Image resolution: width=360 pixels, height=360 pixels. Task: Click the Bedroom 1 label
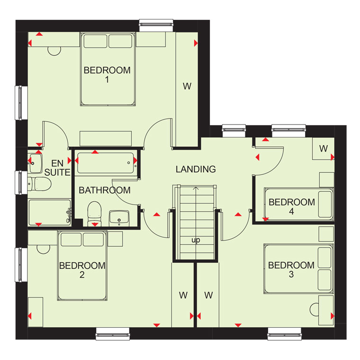tap(107, 75)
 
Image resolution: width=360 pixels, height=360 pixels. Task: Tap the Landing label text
tap(196, 169)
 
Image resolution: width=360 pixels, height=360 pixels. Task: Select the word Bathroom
tap(105, 190)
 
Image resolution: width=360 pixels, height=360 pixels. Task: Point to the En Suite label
tap(57, 168)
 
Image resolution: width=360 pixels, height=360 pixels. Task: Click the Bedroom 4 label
tap(292, 207)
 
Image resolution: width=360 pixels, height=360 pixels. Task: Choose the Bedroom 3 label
tap(291, 270)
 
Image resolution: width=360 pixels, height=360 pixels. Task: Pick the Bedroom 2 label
tap(82, 270)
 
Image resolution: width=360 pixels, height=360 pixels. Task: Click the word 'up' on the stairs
tap(196, 240)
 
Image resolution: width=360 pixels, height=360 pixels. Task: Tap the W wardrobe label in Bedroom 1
tap(187, 86)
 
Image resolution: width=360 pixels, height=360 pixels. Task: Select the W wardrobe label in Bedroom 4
tap(323, 149)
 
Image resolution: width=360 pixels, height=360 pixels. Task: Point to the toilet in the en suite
tap(39, 184)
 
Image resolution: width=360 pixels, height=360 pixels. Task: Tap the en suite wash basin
tap(35, 163)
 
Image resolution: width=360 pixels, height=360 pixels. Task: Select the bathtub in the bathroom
tap(105, 163)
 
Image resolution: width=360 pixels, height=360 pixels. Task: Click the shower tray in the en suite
tap(50, 212)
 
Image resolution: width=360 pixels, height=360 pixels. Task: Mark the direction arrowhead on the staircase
tap(196, 189)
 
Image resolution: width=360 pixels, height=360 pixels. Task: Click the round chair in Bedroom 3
tap(315, 309)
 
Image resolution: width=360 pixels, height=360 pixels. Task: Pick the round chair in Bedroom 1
tap(54, 51)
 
